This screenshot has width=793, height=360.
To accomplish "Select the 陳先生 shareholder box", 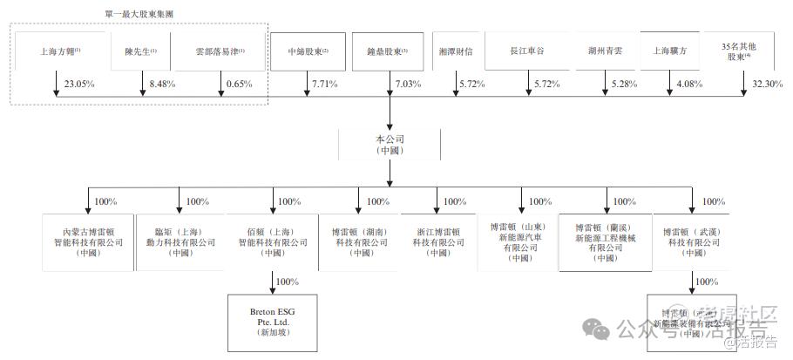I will (140, 51).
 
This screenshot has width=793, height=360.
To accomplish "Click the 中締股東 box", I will (308, 51).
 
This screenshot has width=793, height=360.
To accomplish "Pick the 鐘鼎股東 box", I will (388, 51).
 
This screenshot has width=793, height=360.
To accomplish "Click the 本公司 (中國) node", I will (388, 144).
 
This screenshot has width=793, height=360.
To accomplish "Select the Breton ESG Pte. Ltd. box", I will (272, 320).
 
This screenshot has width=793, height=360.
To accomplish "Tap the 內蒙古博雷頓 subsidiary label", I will (88, 241).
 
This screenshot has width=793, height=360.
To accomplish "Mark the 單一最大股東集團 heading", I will (139, 15).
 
